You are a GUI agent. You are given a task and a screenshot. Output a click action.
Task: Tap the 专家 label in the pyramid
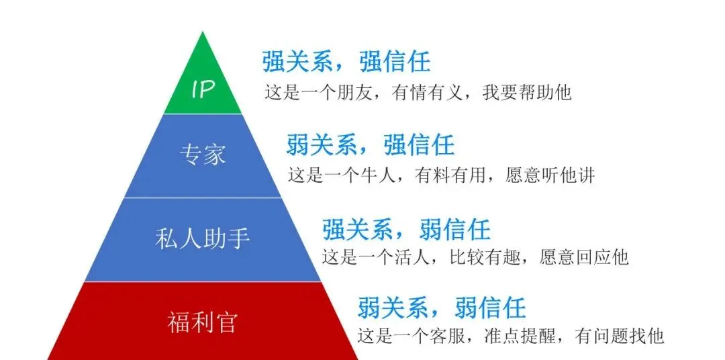pos(202,154)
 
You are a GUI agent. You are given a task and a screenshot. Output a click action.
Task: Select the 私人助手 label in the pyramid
pos(202,238)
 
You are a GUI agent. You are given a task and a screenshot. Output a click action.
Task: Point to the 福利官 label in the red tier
pos(202,323)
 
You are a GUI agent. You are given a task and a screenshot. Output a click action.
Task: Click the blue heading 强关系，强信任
pos(346,62)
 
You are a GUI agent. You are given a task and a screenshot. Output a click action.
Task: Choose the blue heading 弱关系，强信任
pos(371,144)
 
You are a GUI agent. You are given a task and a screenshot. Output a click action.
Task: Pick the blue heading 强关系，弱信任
pos(406,229)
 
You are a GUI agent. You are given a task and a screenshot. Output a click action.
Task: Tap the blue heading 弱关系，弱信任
pos(441,308)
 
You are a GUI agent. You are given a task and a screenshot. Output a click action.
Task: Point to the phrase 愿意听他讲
pos(551,175)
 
